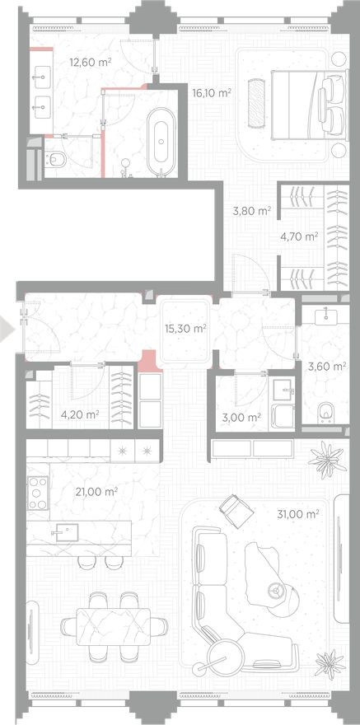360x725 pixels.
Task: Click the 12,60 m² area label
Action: [91, 62]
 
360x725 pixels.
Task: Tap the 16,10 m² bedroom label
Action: [211, 93]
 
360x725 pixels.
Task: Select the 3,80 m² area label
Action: [252, 210]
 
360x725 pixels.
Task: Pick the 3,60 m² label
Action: [326, 367]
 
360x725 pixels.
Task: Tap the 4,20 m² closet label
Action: [81, 414]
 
